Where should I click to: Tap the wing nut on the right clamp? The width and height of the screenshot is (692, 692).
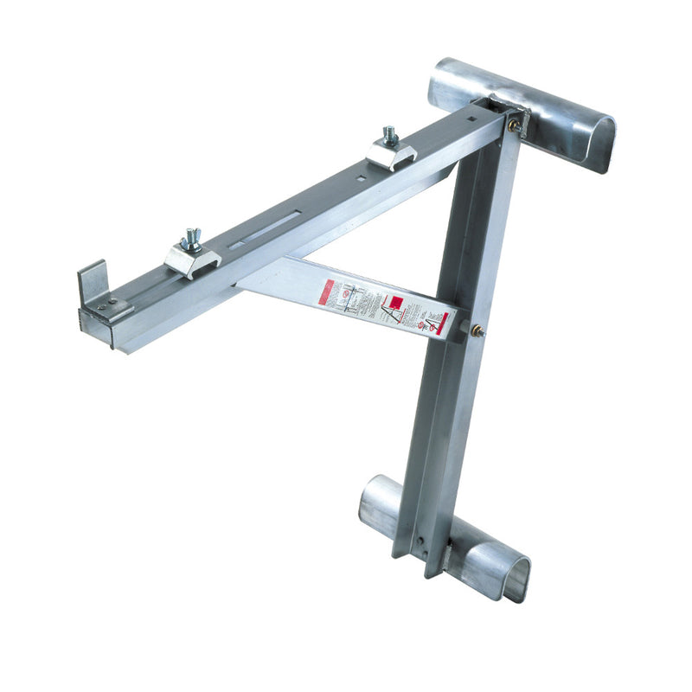click(390, 136)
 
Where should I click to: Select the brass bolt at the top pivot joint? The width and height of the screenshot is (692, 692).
click(515, 125)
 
